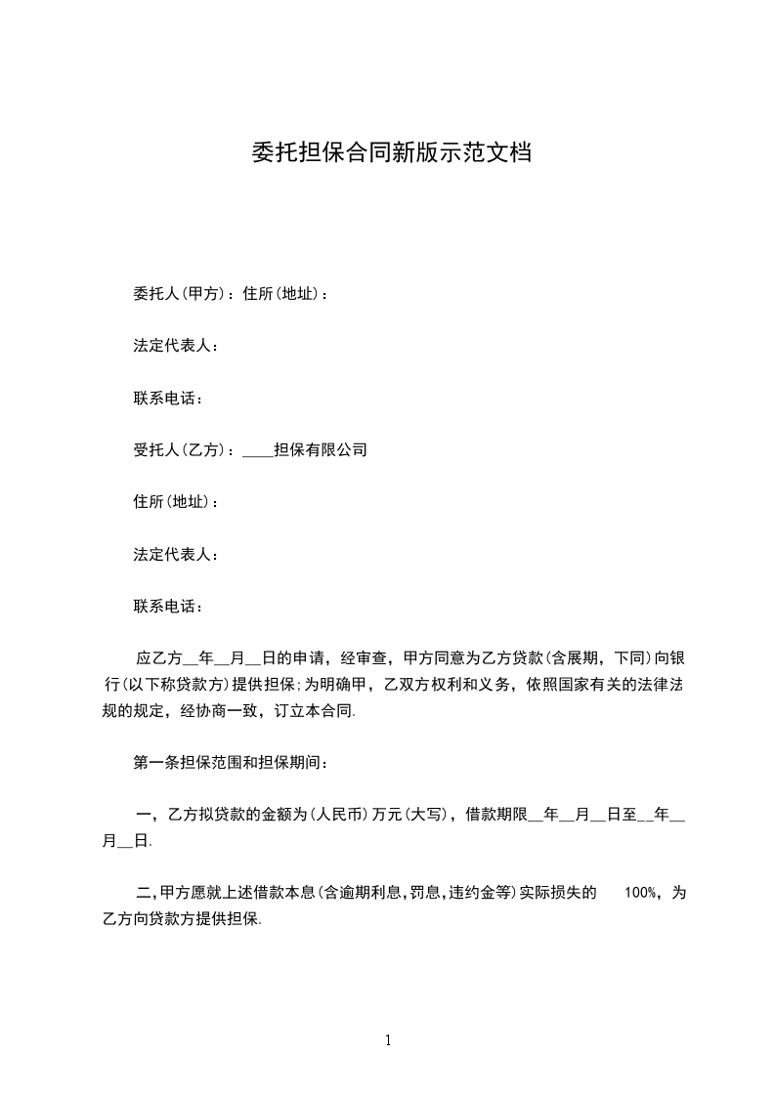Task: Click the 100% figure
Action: pyautogui.click(x=639, y=893)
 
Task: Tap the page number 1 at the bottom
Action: pyautogui.click(x=388, y=1040)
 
